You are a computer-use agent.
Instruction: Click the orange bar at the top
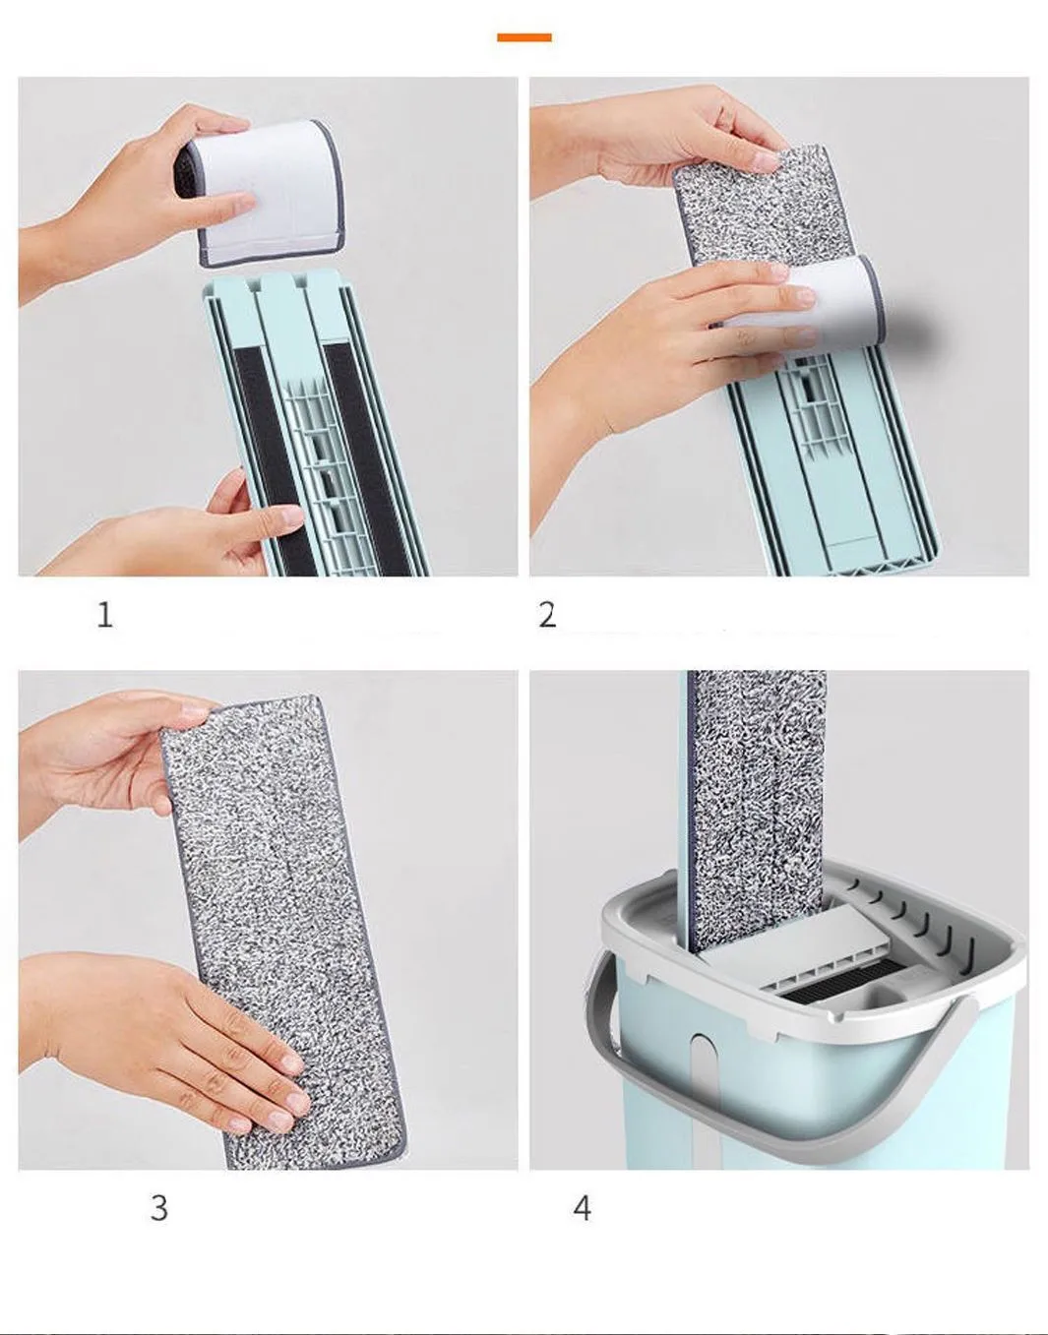click(524, 37)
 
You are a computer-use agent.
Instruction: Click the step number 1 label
click(105, 614)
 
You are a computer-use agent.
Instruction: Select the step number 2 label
click(547, 614)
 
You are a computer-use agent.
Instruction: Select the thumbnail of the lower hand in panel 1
click(287, 516)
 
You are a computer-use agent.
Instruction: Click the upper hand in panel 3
click(110, 761)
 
